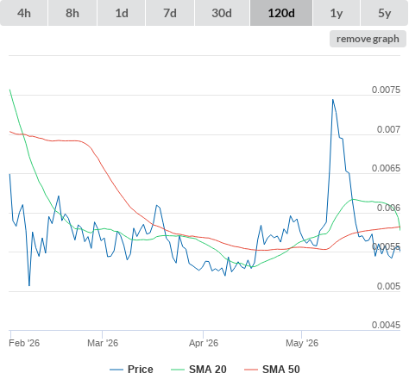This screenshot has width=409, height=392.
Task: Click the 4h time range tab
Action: click(24, 13)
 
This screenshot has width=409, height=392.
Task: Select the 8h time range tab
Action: click(72, 13)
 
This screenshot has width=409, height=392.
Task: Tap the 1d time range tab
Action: click(122, 13)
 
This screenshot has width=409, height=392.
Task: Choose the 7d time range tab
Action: click(170, 13)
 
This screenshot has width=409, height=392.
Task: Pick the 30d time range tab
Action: click(222, 13)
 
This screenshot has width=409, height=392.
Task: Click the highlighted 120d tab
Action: click(281, 13)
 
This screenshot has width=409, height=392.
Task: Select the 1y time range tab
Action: click(337, 13)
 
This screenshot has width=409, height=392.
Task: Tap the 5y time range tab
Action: click(385, 13)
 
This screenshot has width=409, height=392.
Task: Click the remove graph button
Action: click(368, 39)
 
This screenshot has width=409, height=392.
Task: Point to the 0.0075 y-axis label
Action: click(386, 90)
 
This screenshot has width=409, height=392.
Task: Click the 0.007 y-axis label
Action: click(388, 129)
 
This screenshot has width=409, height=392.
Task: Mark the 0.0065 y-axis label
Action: click(386, 168)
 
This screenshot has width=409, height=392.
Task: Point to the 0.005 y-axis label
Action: click(388, 286)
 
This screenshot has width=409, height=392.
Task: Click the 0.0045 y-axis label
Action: click(386, 325)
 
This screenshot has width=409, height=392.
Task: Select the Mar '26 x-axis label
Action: click(103, 343)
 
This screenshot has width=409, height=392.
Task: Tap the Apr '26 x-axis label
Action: click(204, 343)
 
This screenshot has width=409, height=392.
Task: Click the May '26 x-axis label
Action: click(302, 343)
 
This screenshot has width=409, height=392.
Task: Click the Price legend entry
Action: click(131, 370)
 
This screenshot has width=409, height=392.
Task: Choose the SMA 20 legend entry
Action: click(198, 370)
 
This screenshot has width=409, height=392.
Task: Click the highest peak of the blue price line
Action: click(333, 100)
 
